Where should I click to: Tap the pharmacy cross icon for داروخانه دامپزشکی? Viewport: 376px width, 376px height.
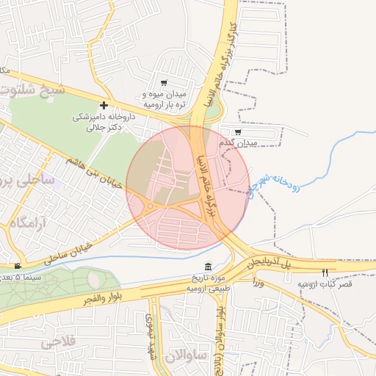click(x=104, y=106)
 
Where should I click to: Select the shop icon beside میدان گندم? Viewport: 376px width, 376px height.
click(x=237, y=131)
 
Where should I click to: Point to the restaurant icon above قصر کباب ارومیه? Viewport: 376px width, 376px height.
click(x=324, y=272)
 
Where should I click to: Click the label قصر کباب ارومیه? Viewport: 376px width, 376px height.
click(x=325, y=283)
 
